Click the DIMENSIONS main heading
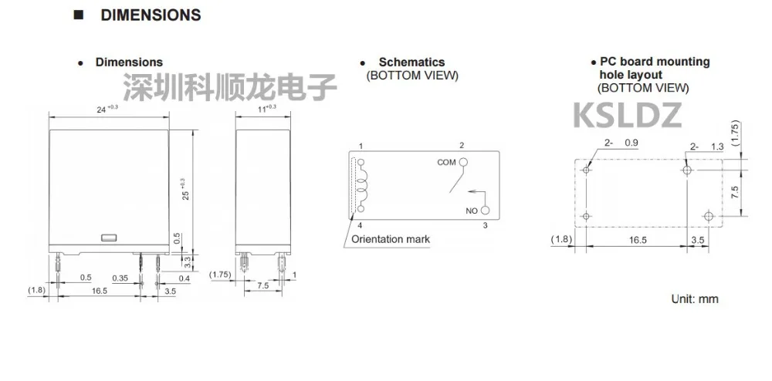point(150,15)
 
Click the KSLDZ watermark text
point(627,115)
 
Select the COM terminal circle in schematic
point(463,162)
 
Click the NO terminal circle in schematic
point(485,211)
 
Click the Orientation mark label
point(390,239)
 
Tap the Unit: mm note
point(695,299)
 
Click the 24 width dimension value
point(103,110)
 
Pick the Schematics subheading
point(411,62)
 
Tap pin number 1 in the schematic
point(361,146)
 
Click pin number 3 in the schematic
point(485,225)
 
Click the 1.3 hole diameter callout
point(716,147)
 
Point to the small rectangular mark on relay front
point(109,237)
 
